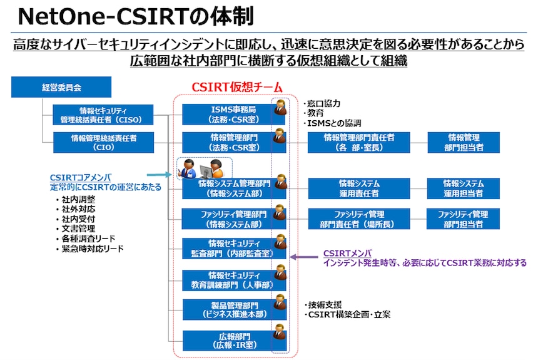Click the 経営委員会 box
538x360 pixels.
(61, 87)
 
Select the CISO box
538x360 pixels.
(103, 115)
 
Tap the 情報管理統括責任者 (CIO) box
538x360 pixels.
(103, 143)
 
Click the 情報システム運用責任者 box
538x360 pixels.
(358, 188)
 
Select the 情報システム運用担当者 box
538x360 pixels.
(464, 188)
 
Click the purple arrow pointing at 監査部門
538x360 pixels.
(305, 255)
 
